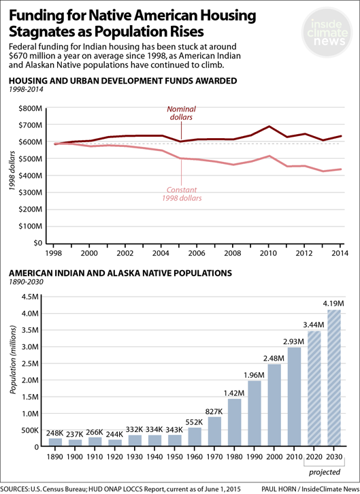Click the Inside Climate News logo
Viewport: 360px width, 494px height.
(327, 33)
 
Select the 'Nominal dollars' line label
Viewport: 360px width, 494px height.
(181, 113)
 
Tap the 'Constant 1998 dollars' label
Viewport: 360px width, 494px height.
(182, 194)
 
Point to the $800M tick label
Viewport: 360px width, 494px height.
(30, 109)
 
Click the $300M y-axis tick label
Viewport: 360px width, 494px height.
(30, 193)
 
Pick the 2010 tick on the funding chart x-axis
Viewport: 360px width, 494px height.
(268, 253)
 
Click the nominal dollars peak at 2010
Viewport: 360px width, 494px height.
(269, 127)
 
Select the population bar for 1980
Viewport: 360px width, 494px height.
(234, 422)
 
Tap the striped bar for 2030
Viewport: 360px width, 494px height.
(334, 378)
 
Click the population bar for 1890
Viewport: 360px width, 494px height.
(55, 442)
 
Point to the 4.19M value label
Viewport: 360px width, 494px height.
(333, 303)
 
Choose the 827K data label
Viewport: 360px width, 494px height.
(214, 412)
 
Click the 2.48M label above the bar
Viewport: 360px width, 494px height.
(274, 358)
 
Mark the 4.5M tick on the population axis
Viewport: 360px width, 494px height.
(30, 297)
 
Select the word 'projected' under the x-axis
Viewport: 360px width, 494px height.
(325, 472)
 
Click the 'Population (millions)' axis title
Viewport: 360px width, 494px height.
(13, 360)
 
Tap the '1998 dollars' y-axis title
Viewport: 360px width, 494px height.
(12, 170)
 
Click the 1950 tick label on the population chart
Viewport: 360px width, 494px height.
(174, 457)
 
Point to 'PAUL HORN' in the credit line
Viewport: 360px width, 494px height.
(278, 489)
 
